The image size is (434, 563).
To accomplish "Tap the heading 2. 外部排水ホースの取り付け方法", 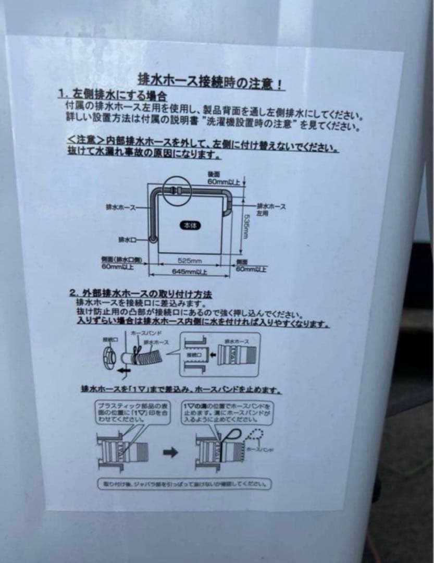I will pyautogui.click(x=141, y=294).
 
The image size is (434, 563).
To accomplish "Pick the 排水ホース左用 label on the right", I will pyautogui.click(x=271, y=210).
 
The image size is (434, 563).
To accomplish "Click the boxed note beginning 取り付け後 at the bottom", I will pyautogui.click(x=185, y=484).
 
